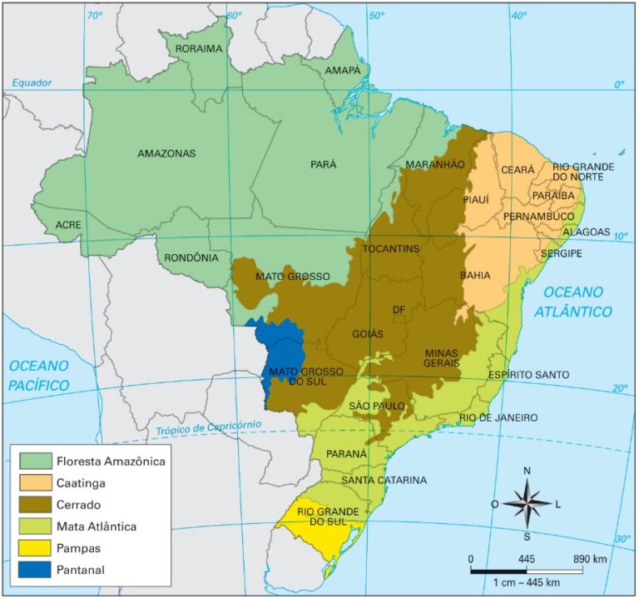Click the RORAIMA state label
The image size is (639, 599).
(198, 48)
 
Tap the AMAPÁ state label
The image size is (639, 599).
(343, 71)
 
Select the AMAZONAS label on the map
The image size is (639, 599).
(166, 153)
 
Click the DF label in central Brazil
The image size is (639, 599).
(399, 310)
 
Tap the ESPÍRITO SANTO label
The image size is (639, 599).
(528, 375)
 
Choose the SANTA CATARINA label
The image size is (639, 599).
(384, 481)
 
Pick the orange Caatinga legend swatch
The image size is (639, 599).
(34, 482)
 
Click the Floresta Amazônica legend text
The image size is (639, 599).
(111, 460)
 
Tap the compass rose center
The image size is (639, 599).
(527, 503)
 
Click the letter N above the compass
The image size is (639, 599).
(527, 471)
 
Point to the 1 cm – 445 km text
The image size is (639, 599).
(525, 582)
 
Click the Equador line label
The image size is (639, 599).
(32, 82)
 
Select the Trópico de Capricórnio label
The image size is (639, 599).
(208, 427)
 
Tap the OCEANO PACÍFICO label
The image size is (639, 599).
(38, 376)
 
